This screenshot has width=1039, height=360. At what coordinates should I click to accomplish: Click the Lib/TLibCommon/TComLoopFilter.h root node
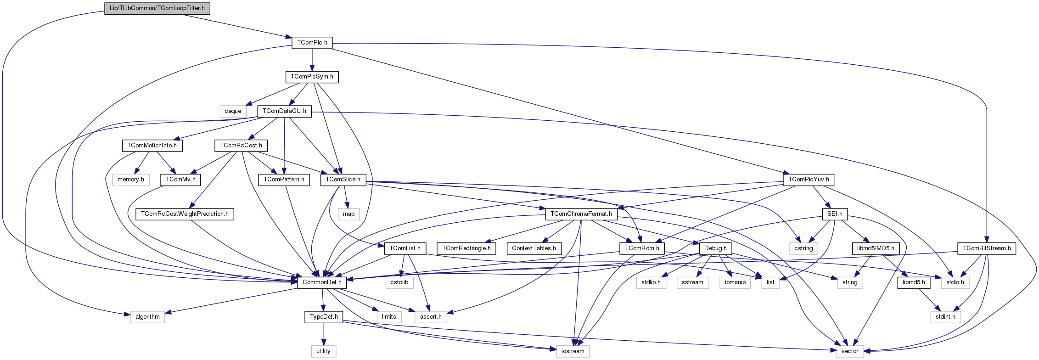click(x=157, y=8)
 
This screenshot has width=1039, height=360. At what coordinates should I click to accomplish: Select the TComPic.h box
click(x=312, y=43)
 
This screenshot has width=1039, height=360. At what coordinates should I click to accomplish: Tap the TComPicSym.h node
click(x=312, y=77)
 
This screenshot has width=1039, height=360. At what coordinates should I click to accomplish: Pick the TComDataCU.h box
click(x=284, y=111)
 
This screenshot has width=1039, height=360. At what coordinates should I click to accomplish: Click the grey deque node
click(x=233, y=111)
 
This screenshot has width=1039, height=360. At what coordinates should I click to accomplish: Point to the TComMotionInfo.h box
click(x=152, y=146)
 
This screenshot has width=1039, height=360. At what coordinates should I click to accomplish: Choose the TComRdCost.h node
click(x=241, y=146)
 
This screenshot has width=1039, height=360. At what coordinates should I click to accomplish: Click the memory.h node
click(x=131, y=180)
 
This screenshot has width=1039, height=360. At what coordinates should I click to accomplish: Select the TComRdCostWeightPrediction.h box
click(x=185, y=214)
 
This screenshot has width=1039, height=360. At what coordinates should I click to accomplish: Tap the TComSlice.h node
click(x=343, y=180)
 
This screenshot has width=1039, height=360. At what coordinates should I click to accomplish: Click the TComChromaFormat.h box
click(x=581, y=214)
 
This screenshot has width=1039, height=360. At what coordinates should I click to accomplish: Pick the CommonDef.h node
click(x=322, y=282)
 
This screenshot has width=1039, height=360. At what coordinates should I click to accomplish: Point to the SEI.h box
click(x=835, y=214)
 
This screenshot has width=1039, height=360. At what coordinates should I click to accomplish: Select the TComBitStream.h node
click(x=987, y=248)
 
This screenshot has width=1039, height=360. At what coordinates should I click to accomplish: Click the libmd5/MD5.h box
click(x=876, y=248)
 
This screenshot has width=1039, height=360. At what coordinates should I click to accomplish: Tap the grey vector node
click(x=850, y=351)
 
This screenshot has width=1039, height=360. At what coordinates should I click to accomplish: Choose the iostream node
click(x=573, y=351)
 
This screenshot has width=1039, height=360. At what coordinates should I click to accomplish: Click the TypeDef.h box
click(x=324, y=317)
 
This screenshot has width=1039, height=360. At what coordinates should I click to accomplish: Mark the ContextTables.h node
click(x=534, y=248)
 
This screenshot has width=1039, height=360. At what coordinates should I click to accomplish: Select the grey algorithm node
click(x=147, y=317)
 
